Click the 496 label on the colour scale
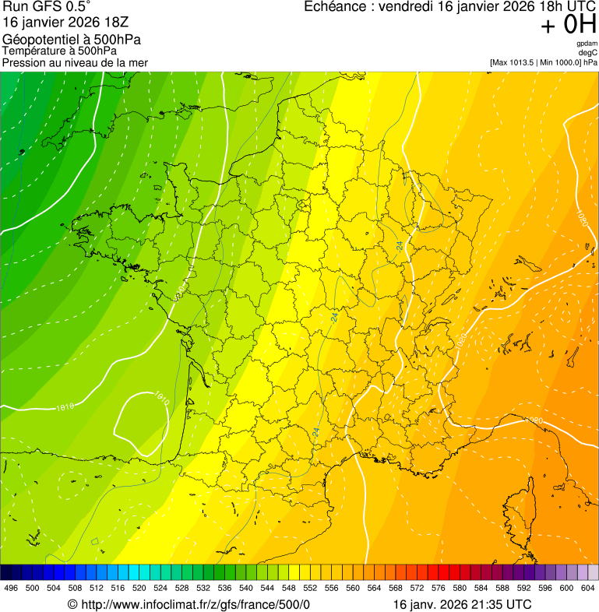[11, 588]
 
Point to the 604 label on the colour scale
[588, 588]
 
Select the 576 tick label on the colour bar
[439, 588]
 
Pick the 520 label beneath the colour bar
[139, 588]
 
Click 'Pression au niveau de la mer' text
[75, 62]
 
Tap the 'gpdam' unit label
[587, 44]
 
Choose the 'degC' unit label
[589, 52]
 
